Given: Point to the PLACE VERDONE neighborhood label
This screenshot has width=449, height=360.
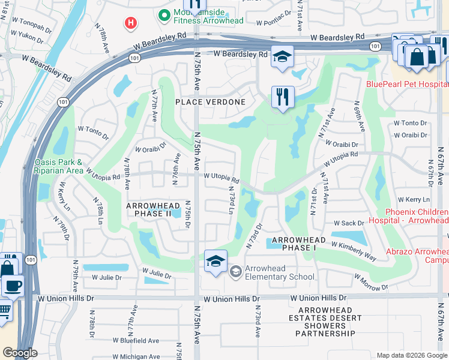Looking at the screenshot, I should (210, 102).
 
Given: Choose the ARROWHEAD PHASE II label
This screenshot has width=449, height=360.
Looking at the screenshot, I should (152, 209).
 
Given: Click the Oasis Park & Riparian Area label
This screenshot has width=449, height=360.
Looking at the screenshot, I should (58, 166).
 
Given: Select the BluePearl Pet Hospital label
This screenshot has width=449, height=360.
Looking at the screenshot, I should (407, 84).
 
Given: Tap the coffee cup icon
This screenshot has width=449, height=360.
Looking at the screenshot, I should (12, 286).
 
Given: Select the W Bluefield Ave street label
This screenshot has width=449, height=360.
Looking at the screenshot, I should (130, 340).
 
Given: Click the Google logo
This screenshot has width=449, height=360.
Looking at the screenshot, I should (20, 353).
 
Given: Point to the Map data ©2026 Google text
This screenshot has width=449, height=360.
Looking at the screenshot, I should (411, 355).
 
